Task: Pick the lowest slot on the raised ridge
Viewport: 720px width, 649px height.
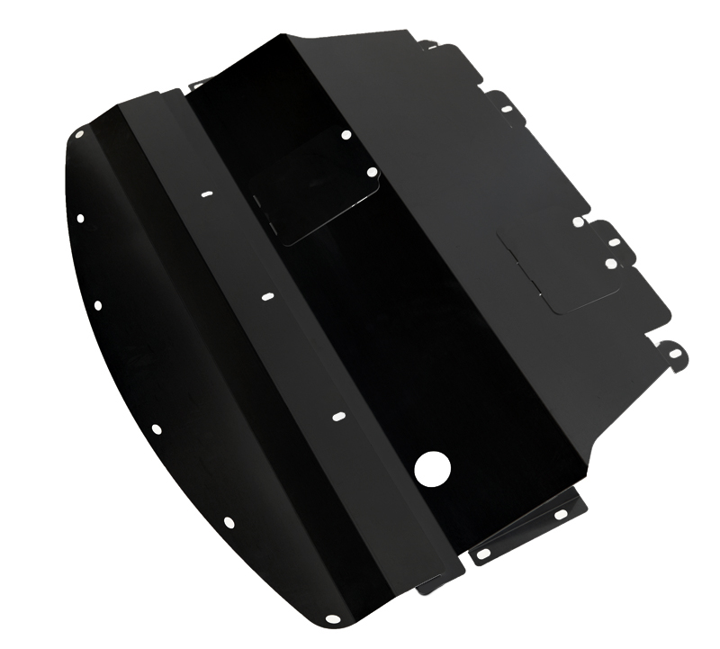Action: click(x=338, y=418)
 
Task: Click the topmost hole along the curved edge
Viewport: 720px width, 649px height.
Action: click(x=80, y=133)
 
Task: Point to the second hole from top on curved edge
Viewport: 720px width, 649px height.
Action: click(x=81, y=217)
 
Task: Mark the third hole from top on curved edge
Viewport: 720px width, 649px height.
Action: click(x=97, y=305)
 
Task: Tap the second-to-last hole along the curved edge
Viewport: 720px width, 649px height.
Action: click(x=228, y=522)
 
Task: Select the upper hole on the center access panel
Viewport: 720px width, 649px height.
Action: click(x=346, y=136)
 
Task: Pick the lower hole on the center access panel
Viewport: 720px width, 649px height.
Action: click(x=372, y=171)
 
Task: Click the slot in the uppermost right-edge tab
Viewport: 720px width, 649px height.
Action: click(x=507, y=110)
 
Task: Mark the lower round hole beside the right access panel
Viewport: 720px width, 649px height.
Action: click(x=610, y=264)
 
